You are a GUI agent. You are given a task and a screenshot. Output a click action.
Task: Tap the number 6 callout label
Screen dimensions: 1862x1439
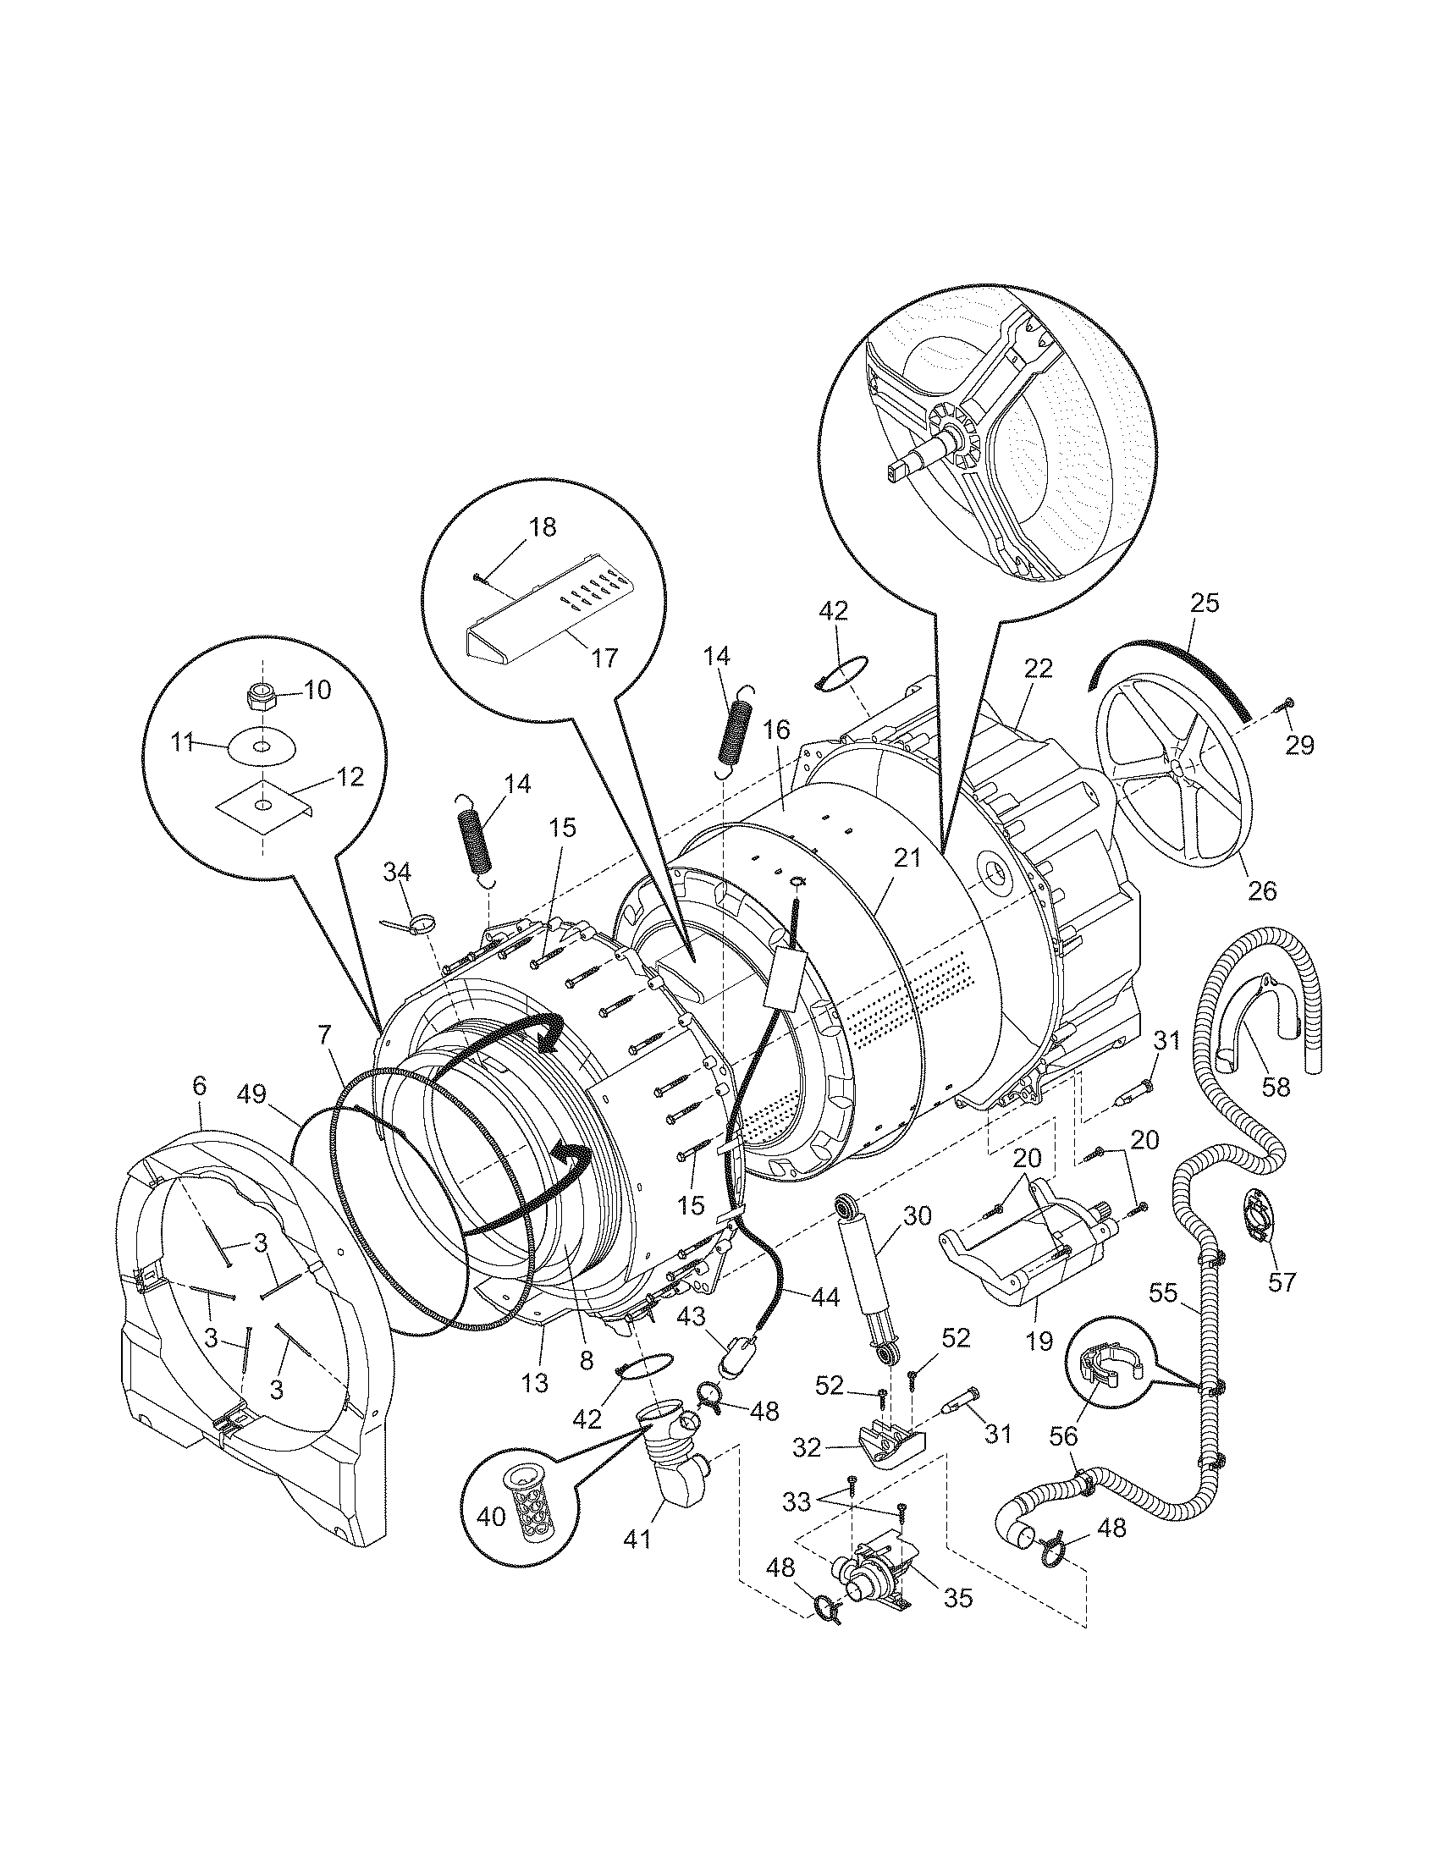coord(199,1086)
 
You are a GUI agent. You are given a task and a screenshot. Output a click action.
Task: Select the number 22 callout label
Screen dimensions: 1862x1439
coord(1039,668)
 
